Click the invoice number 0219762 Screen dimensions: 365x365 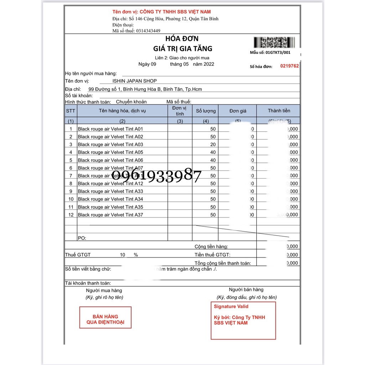[289, 66]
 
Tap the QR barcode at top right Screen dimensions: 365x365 [275, 43]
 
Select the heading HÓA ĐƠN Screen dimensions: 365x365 [182, 38]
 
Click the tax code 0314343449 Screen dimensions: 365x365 [148, 31]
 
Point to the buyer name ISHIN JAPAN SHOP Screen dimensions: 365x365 [137, 81]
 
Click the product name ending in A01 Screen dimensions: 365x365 [110, 129]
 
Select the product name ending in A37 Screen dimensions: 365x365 [110, 215]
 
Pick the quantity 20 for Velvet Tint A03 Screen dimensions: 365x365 [213, 145]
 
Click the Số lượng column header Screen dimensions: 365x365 [206, 111]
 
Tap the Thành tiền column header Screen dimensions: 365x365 [279, 111]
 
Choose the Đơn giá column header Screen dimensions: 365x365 [238, 111]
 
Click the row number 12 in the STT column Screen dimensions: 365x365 [71, 215]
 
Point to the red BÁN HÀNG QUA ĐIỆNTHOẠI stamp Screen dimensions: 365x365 [105, 319]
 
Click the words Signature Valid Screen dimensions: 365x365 [231, 307]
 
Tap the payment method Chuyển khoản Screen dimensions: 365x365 [131, 102]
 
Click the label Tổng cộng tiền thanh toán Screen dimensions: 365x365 [223, 263]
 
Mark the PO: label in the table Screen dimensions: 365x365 [82, 238]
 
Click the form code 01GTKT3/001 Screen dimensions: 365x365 [278, 52]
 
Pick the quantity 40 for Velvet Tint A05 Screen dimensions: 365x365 [213, 153]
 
